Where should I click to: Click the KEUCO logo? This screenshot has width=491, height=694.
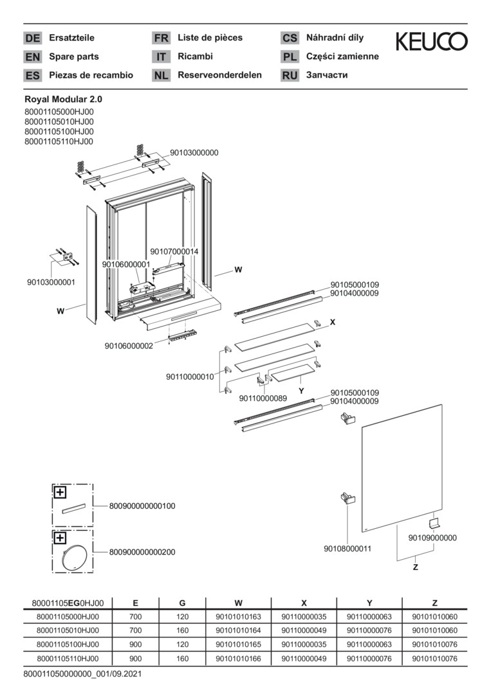pyautogui.click(x=431, y=41)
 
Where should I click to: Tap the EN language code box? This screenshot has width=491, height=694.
pyautogui.click(x=32, y=57)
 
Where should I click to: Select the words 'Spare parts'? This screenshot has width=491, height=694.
pyautogui.click(x=74, y=56)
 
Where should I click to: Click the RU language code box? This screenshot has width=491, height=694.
pyautogui.click(x=290, y=75)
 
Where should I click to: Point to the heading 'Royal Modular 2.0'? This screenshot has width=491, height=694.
pyautogui.click(x=63, y=100)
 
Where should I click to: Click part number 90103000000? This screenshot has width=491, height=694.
pyautogui.click(x=194, y=153)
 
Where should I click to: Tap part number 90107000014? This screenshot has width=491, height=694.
pyautogui.click(x=174, y=251)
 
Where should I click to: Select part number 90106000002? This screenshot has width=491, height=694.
pyautogui.click(x=129, y=346)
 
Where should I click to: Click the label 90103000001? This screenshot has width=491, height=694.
pyautogui.click(x=51, y=282)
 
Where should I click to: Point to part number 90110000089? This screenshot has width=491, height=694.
pyautogui.click(x=263, y=398)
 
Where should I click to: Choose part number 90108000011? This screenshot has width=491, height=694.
pyautogui.click(x=347, y=548)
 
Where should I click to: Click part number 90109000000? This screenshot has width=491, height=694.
pyautogui.click(x=432, y=538)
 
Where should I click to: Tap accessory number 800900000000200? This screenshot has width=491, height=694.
pyautogui.click(x=142, y=552)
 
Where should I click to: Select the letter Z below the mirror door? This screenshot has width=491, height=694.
pyautogui.click(x=415, y=567)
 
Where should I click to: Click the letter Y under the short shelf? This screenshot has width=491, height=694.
pyautogui.click(x=301, y=391)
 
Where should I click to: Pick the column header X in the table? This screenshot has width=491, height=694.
pyautogui.click(x=304, y=603)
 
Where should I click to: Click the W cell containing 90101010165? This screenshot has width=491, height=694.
pyautogui.click(x=238, y=644)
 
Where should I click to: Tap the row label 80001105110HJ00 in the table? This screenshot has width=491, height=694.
pyautogui.click(x=68, y=658)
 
